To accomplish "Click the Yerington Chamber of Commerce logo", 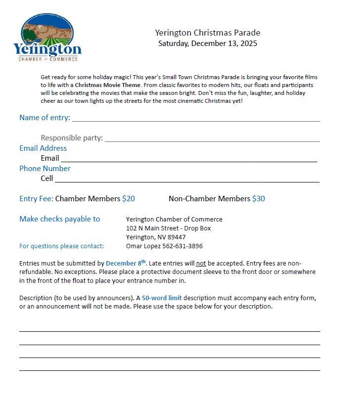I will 47,38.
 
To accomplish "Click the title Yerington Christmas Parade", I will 208,33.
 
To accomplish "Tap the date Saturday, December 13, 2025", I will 208,44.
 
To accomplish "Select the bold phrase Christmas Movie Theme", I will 104,85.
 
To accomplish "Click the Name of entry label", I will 45,118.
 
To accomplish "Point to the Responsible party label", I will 72,138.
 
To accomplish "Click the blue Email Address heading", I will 43,148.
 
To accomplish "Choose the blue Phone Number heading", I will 45,169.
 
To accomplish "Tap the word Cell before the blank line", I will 47,179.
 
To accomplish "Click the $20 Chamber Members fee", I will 129,199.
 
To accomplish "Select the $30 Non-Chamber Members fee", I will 259,199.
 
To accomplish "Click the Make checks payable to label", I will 59,219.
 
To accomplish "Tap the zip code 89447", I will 177,237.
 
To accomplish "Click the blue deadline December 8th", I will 126,264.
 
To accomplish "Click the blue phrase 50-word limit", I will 162,298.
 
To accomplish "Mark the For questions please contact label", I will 62,246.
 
